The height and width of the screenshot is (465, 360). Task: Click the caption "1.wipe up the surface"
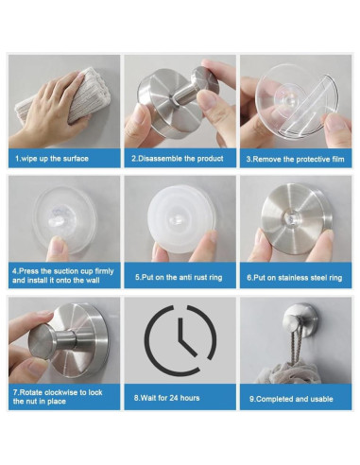[x=52, y=158]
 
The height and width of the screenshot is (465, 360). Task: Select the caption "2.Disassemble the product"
[x=178, y=158]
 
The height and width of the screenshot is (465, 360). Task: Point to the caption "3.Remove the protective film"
[x=295, y=159]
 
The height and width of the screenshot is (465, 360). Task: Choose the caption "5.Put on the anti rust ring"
[x=179, y=277]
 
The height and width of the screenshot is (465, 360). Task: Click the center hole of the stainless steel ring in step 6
[x=290, y=217]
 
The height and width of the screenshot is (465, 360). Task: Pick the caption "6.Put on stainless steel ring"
[x=295, y=278]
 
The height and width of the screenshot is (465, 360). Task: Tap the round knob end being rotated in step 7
[x=41, y=342]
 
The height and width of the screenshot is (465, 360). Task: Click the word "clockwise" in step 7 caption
[x=61, y=392]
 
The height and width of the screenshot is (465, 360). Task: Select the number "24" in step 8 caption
[x=174, y=398]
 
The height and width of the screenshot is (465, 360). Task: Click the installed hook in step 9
[x=300, y=319]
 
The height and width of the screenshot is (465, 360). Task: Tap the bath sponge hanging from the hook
[x=288, y=372]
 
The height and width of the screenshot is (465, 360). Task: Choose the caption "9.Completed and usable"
[x=291, y=399]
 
